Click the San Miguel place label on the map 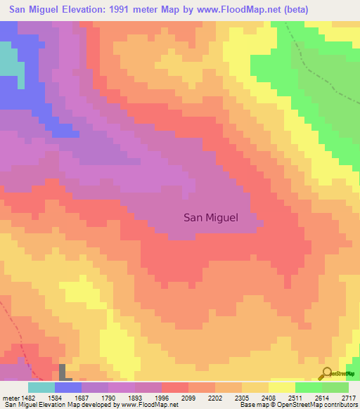(x=211, y=218)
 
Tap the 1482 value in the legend (x=28, y=397)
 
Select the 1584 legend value (x=55, y=397)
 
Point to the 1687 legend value (x=82, y=397)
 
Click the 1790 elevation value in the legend (x=108, y=397)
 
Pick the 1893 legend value (x=135, y=397)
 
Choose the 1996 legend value (x=162, y=397)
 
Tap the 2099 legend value (x=188, y=397)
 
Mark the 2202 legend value (x=215, y=397)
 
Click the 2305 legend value (x=242, y=397)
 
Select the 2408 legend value (x=269, y=397)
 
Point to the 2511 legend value (x=295, y=397)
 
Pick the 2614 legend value (x=322, y=397)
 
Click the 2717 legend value (x=348, y=397)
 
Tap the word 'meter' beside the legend (x=9, y=397)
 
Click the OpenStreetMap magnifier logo (x=326, y=374)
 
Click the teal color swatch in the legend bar (x=41, y=387)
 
